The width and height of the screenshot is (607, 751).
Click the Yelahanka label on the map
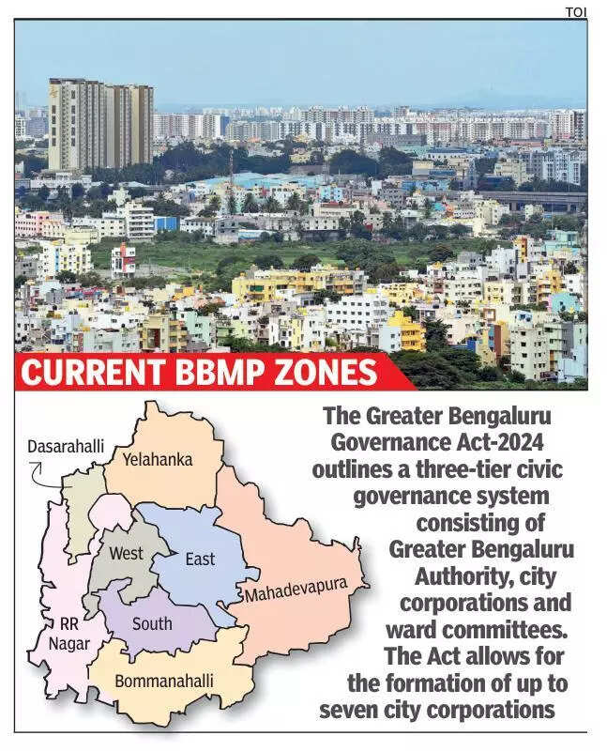click(x=158, y=460)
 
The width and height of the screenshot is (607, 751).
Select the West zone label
click(x=127, y=553)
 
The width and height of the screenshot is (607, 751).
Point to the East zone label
click(x=199, y=559)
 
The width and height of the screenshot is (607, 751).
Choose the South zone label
click(x=151, y=623)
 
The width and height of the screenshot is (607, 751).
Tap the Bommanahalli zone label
click(x=164, y=681)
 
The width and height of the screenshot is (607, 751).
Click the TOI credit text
click(x=575, y=10)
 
